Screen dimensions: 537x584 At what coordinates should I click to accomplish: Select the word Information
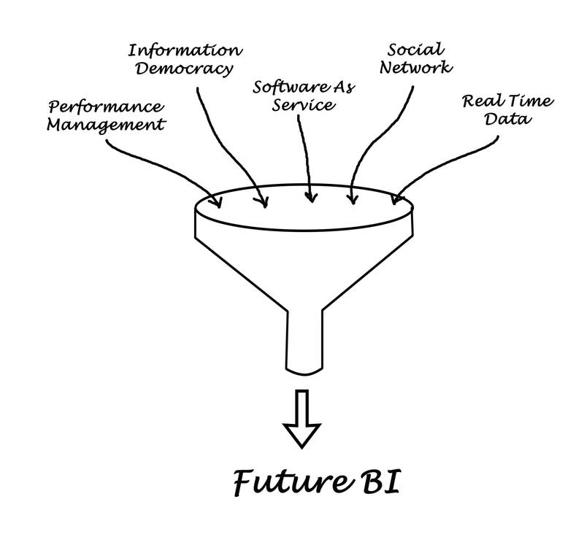click(183, 50)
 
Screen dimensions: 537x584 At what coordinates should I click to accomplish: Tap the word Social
click(415, 49)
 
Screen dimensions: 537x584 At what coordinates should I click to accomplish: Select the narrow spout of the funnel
click(305, 342)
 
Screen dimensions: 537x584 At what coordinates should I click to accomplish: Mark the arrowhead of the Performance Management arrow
click(217, 200)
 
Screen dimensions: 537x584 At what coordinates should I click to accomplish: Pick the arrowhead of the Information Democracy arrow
click(263, 200)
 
